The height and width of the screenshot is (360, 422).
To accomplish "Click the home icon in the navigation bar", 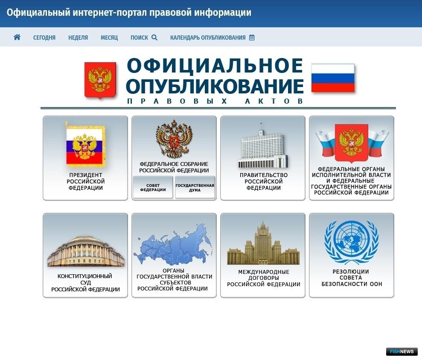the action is point(17,37).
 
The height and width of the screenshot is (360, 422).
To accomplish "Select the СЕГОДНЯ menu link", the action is point(44,38).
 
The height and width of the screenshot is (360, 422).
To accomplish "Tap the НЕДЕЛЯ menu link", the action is point(78,38).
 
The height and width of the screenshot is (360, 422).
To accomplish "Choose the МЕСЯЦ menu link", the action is point(109,38).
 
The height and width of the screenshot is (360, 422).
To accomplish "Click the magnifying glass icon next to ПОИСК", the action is point(154,38).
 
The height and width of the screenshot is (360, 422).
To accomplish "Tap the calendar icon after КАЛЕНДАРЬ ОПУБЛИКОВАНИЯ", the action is point(252,38).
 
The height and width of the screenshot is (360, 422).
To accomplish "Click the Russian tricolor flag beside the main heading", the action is point(333,78).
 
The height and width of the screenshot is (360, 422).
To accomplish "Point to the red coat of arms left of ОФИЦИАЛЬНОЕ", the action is point(100,80).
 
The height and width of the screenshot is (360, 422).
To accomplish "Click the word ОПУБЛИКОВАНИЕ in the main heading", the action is point(215,86).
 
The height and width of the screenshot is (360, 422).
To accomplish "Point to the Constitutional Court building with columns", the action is point(86,251).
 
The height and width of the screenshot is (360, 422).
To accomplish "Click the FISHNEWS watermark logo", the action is point(402,351).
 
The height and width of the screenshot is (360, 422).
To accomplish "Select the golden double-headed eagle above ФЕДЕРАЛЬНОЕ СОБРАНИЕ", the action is point(174,139).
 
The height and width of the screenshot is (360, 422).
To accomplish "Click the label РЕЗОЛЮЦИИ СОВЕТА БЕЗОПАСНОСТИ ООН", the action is point(352,278).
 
